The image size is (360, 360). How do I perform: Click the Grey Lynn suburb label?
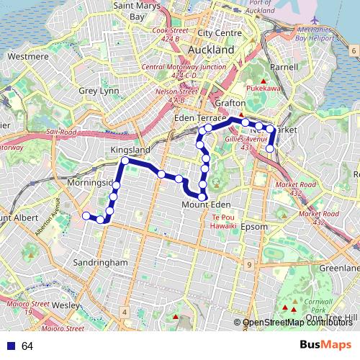click(99, 91)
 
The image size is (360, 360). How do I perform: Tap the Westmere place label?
click(27, 56)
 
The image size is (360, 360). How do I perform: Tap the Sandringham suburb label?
click(100, 263)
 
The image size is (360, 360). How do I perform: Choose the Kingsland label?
click(130, 149)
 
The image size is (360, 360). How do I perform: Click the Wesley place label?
click(66, 305)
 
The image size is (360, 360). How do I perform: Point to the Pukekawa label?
click(264, 91)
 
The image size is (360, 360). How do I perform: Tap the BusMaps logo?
click(325, 346)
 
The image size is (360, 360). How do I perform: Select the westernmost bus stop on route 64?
click(86, 215)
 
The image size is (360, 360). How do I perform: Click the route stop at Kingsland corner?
click(125, 161)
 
